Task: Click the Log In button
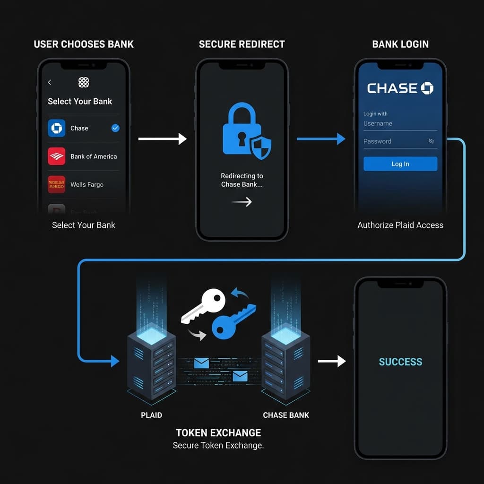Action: (400, 164)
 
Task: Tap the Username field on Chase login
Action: (399, 124)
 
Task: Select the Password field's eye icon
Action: (431, 141)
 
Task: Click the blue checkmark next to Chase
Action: (115, 128)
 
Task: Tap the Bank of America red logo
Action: (57, 156)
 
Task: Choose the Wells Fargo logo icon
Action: (57, 184)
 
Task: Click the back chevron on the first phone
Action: (50, 83)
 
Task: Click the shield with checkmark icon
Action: (260, 147)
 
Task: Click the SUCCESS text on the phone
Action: (400, 362)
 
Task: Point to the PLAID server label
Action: (151, 415)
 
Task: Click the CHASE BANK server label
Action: (286, 415)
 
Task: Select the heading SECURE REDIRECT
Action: (242, 44)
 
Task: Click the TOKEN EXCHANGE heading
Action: (218, 432)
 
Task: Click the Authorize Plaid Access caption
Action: (400, 225)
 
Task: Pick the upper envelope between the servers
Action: (201, 363)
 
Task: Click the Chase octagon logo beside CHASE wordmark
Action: (427, 88)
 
